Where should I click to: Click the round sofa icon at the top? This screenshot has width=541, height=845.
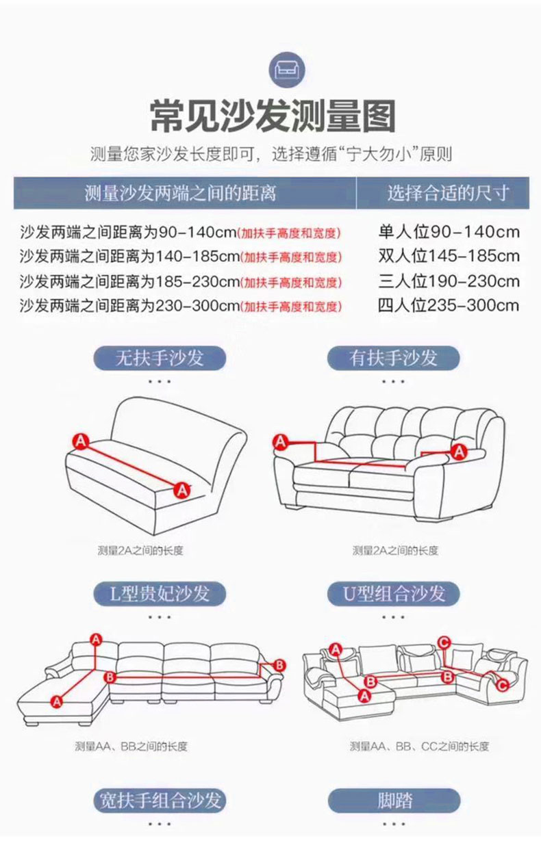pos(286,70)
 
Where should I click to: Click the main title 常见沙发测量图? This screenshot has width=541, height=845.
pos(273,116)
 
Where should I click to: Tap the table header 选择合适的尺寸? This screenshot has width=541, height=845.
pos(447,193)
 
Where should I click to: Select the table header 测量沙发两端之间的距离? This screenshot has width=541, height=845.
pos(180,193)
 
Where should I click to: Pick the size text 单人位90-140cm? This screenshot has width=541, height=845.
pos(449,232)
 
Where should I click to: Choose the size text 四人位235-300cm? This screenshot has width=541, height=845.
pos(449,305)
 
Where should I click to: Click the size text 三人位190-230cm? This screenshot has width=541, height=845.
pos(449,281)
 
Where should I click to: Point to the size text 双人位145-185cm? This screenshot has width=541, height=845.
pos(449,256)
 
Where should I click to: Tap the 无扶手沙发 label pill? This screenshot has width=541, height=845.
pos(160,358)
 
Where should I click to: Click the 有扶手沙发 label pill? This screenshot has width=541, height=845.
pos(393,358)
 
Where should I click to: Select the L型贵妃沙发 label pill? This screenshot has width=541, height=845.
pos(160,593)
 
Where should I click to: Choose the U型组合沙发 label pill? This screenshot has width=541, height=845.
pos(393,593)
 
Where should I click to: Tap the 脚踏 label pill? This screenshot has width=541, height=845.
pos(394,800)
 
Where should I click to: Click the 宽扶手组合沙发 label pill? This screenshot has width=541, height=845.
pos(160,800)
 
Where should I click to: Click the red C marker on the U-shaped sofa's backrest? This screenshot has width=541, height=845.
pos(444,642)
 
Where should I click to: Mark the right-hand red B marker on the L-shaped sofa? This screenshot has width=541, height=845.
pos(279,664)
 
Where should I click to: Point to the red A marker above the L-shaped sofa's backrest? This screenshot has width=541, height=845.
pos(97,640)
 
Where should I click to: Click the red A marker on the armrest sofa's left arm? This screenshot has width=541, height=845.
pos(281,441)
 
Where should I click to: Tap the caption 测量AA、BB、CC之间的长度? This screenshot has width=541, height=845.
pos(419,746)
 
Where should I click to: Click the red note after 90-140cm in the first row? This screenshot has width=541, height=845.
pos(289,233)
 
